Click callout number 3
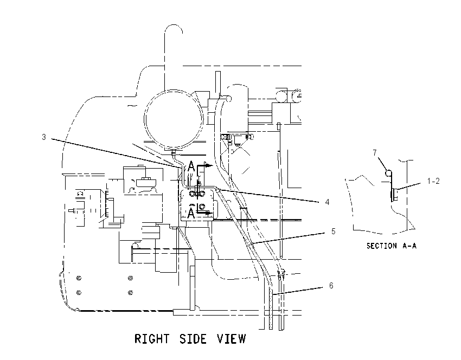click(x=44, y=137)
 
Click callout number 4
click(x=327, y=202)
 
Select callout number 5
click(x=333, y=232)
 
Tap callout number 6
click(x=331, y=285)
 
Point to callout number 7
click(x=375, y=153)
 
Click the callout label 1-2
click(x=433, y=181)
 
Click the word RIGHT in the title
click(x=152, y=338)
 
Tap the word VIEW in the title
click(x=232, y=338)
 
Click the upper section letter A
click(x=191, y=166)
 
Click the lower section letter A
click(x=191, y=213)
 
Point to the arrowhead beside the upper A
click(x=208, y=165)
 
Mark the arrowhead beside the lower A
click(x=208, y=213)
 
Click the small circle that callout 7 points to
click(x=388, y=173)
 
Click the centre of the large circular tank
click(x=174, y=119)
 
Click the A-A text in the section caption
click(x=409, y=246)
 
